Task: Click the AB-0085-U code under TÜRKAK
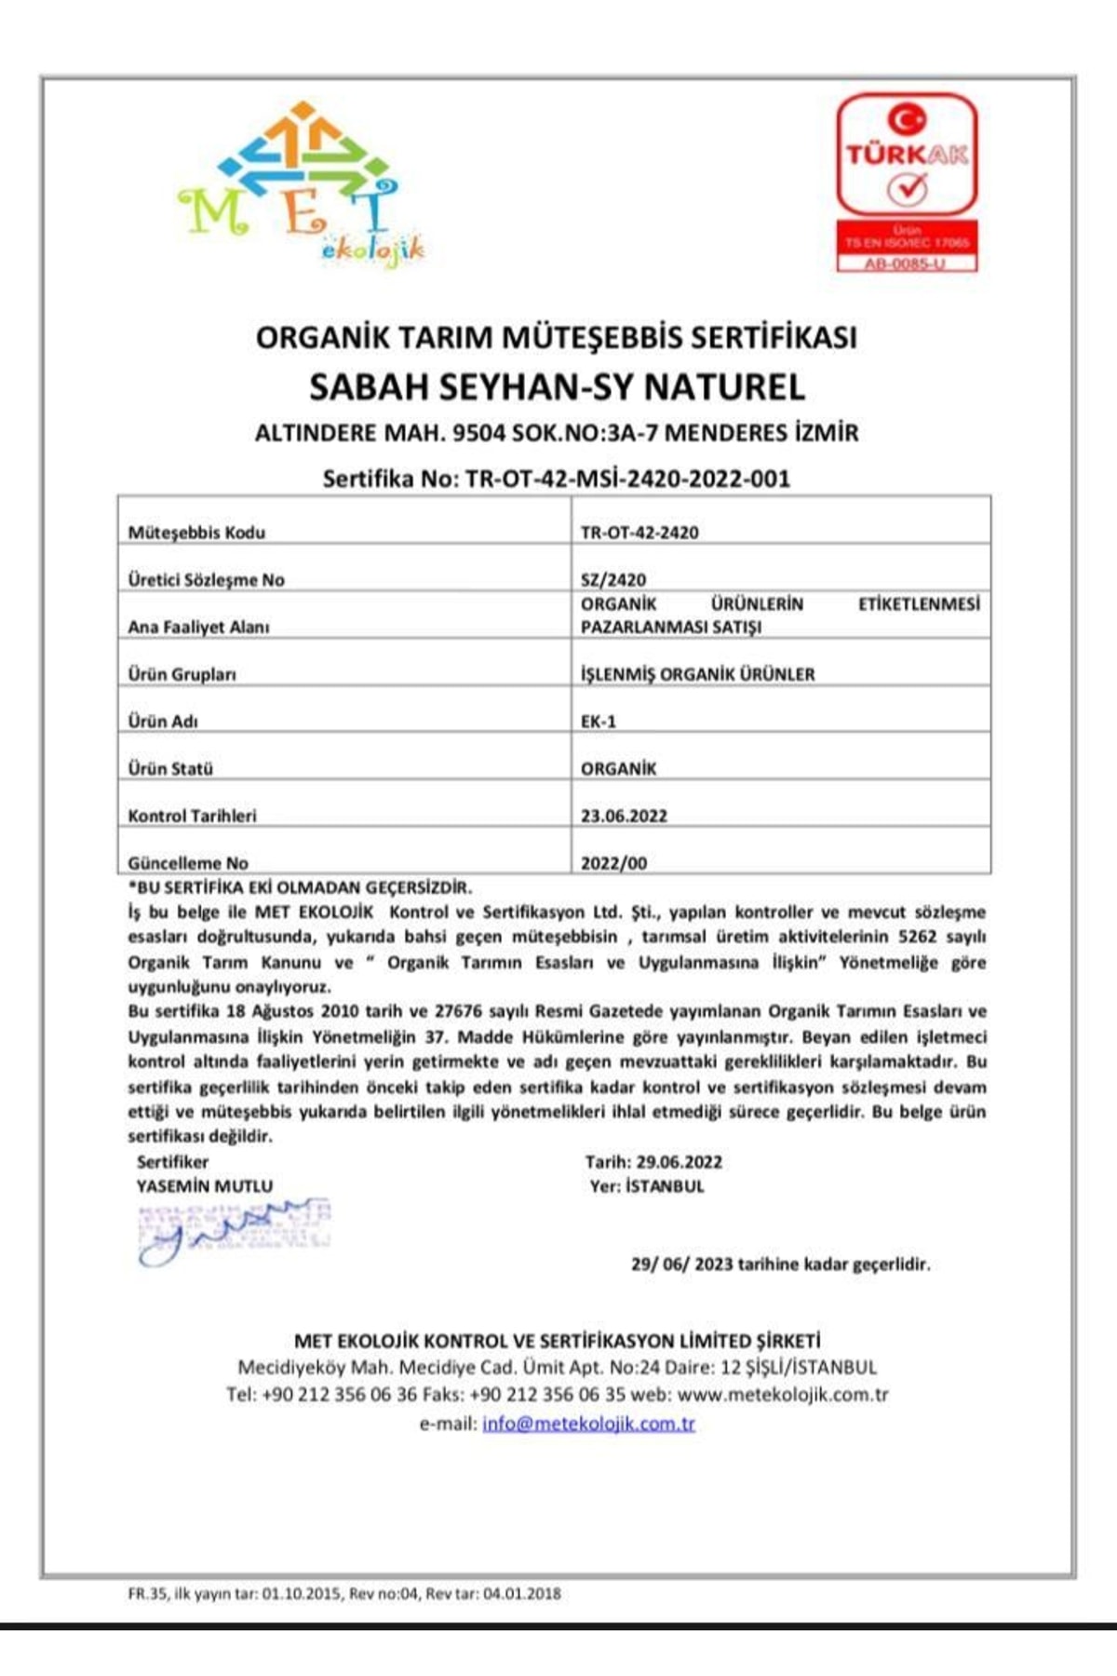click(x=907, y=264)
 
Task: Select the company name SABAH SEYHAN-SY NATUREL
click(x=557, y=386)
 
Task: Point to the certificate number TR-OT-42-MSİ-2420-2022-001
click(x=627, y=479)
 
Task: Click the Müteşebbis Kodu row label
click(x=196, y=533)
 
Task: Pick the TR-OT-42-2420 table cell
click(x=639, y=533)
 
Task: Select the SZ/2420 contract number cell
click(x=613, y=579)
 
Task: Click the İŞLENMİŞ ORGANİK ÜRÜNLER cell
click(x=697, y=674)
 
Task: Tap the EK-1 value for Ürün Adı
click(x=599, y=721)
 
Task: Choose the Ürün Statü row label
click(x=170, y=768)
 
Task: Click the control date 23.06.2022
click(x=624, y=816)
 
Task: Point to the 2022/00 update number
click(x=613, y=863)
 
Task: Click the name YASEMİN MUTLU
click(x=205, y=1186)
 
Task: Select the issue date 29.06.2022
click(x=680, y=1162)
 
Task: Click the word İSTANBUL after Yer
click(x=665, y=1186)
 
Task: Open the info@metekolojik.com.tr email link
click(x=588, y=1424)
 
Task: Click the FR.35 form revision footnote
click(x=344, y=1593)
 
